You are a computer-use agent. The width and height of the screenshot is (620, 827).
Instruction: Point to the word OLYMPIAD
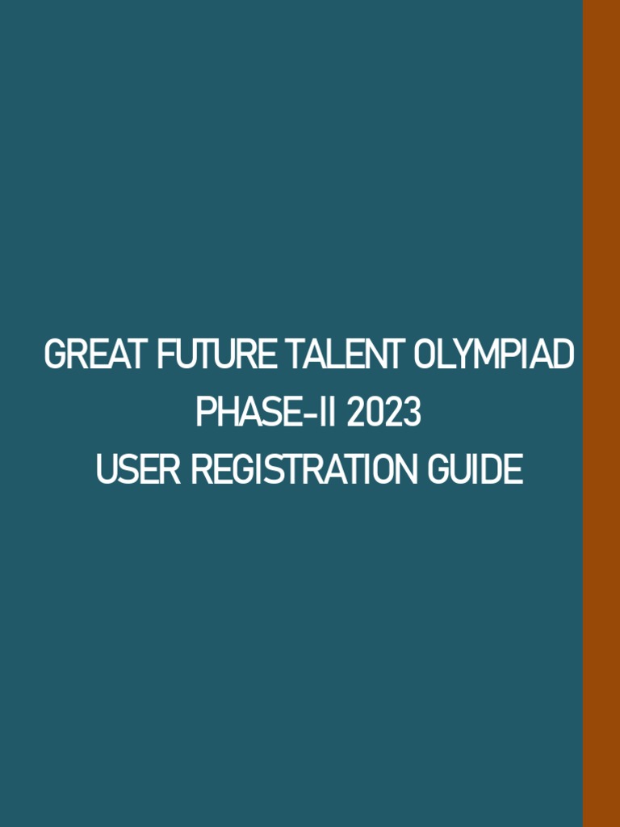pyautogui.click(x=494, y=356)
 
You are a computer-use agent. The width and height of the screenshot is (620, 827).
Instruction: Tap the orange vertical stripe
pyautogui.click(x=601, y=413)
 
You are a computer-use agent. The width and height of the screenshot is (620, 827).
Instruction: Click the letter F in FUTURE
pyautogui.click(x=165, y=356)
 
